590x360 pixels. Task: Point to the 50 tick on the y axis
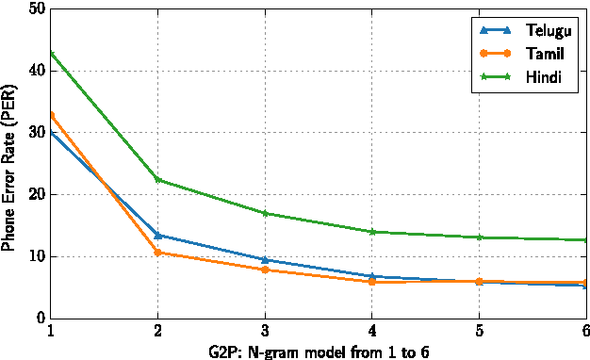coord(36,8)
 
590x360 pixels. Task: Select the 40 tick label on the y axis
coord(36,71)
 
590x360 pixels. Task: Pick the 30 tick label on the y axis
coord(36,133)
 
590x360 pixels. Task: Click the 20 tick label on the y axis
coord(36,195)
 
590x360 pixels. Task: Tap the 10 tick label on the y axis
coord(36,256)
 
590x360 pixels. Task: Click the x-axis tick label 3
coord(265,332)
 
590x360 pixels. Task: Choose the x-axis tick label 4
coord(371,332)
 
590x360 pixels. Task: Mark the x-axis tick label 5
coord(479,332)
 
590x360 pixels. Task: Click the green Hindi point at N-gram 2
coord(157,180)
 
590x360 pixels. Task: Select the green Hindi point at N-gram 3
coord(265,213)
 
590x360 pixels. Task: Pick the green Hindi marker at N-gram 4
coord(371,232)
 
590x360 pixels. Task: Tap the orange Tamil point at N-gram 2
coord(157,253)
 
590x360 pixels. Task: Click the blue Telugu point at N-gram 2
coord(157,235)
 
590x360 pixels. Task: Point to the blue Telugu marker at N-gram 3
coord(265,260)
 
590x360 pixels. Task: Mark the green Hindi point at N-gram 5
coord(479,237)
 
